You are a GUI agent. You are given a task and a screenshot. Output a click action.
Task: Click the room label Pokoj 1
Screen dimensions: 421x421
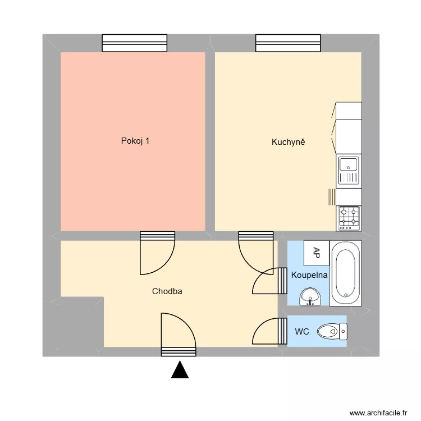click(x=135, y=141)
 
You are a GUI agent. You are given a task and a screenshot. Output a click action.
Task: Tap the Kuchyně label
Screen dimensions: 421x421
click(x=288, y=142)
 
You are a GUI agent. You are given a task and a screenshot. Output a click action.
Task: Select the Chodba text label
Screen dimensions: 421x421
click(x=167, y=291)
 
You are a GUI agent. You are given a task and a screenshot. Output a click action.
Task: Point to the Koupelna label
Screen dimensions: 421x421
click(x=309, y=275)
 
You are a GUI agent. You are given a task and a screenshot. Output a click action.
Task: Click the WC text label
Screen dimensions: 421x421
click(x=302, y=332)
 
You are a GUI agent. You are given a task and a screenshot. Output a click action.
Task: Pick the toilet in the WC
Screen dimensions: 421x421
click(x=332, y=332)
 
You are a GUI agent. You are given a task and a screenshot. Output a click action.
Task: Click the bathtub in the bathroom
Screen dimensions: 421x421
click(x=345, y=274)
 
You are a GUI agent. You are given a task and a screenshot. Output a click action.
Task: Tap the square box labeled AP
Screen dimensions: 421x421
click(x=317, y=253)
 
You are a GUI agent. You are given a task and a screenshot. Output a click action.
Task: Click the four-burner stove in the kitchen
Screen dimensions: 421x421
click(x=348, y=218)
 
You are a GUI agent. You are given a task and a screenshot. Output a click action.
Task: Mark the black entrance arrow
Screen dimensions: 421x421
click(x=179, y=370)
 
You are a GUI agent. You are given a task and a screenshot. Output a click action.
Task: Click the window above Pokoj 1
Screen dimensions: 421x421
click(x=135, y=43)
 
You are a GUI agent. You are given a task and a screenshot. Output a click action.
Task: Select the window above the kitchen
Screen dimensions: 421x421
click(x=288, y=43)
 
